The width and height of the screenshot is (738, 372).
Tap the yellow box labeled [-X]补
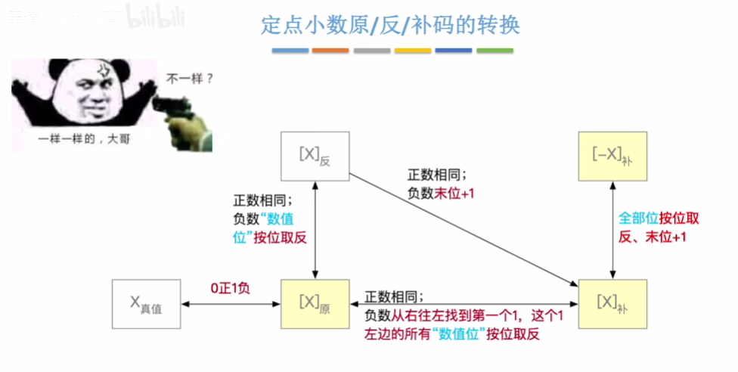click(x=613, y=157)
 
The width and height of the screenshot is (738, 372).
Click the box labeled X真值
click(x=146, y=304)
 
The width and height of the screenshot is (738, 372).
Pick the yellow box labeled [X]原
click(x=315, y=304)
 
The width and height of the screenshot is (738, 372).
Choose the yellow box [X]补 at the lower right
click(x=613, y=304)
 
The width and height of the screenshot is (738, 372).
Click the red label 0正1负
click(x=232, y=289)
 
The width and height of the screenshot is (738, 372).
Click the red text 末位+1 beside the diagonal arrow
click(x=453, y=193)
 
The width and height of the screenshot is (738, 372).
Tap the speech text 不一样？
click(x=189, y=76)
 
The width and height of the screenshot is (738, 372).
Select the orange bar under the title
click(x=330, y=51)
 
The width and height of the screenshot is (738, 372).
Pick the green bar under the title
click(x=495, y=51)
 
